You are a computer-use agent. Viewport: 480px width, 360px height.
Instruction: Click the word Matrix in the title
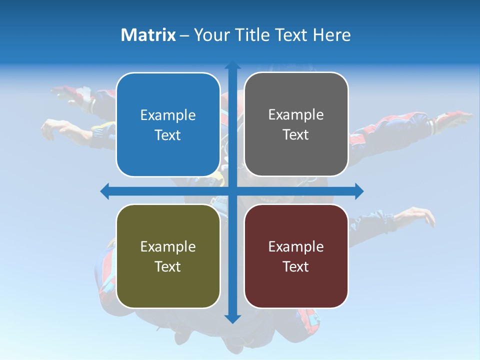pos(148,35)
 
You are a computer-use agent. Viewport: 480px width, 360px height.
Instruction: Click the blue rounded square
pos(168,124)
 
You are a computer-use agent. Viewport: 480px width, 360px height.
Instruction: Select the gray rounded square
pos(296,124)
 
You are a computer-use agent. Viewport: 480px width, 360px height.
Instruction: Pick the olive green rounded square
pos(168,256)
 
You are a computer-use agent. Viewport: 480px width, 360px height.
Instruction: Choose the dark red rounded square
pos(296,256)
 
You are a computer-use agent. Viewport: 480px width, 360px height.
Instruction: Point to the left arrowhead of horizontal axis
pos(104,191)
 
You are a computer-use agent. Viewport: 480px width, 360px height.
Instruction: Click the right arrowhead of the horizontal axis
pos(359,191)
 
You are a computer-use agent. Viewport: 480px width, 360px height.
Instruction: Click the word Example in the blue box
pos(168,115)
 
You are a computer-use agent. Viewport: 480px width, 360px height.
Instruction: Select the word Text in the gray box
pos(296,135)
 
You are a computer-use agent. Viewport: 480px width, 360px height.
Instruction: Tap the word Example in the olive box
pos(168,247)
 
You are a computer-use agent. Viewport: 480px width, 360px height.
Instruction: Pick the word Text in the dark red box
pos(296,266)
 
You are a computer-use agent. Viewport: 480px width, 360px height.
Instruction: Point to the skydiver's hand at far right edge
pos(462,116)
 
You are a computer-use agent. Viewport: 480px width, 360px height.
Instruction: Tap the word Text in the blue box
pos(168,135)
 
